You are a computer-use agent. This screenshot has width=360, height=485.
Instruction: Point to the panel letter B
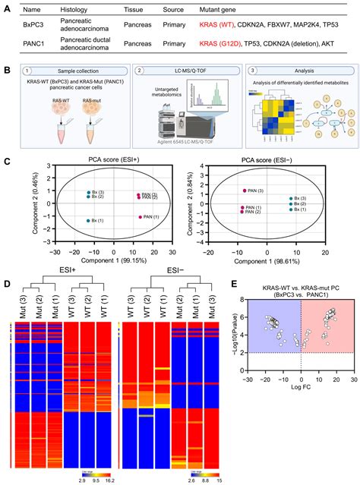7,71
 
